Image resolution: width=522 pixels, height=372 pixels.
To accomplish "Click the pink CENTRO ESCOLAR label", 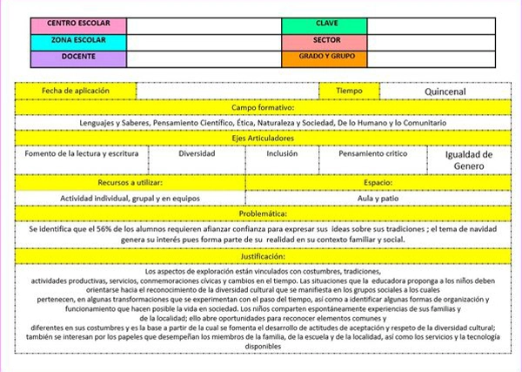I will click(x=78, y=24).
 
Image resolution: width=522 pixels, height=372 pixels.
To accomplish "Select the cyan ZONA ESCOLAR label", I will click(x=78, y=41).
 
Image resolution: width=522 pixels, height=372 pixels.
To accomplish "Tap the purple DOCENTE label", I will click(x=78, y=58).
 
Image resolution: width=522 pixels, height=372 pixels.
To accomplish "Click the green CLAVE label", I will click(x=325, y=24).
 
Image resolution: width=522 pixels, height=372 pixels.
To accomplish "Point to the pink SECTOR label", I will click(x=325, y=41).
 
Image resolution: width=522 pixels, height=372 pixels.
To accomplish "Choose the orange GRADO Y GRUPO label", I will click(x=325, y=58).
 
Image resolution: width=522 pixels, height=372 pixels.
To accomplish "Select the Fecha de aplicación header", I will click(x=77, y=90).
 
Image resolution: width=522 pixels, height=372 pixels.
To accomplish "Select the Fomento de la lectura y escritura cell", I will click(x=81, y=153).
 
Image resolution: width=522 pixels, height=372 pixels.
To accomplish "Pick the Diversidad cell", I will click(x=197, y=153).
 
